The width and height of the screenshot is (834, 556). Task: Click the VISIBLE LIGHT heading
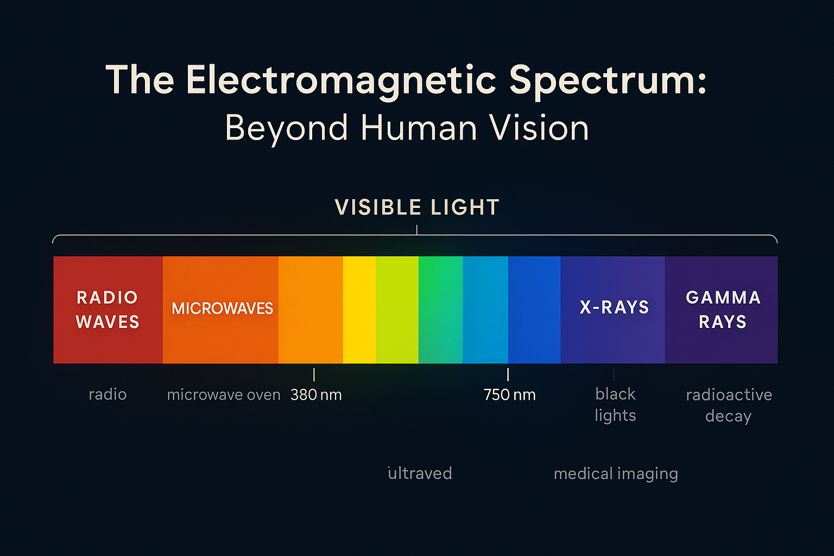[x=417, y=207]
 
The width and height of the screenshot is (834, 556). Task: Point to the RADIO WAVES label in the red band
[x=107, y=309]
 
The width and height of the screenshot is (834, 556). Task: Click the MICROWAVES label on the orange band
[x=222, y=308]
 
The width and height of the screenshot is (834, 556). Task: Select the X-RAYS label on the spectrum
[x=614, y=307]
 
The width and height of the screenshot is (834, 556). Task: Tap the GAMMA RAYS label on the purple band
[x=723, y=309]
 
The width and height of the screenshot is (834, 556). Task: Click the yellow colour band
[x=359, y=309]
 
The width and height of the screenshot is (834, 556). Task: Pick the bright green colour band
[x=441, y=309]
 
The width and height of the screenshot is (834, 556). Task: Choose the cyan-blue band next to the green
[x=485, y=309]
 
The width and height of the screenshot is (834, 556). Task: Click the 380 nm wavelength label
[x=316, y=395]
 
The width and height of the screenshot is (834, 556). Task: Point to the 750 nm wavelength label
[x=510, y=395]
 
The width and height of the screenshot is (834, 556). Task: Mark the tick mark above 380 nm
[x=314, y=375]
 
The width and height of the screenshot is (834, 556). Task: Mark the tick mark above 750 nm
[x=508, y=375]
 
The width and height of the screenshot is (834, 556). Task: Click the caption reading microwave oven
[x=224, y=395]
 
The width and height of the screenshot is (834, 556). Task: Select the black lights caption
[x=615, y=405]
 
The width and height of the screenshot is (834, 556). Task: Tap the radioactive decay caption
[x=729, y=406]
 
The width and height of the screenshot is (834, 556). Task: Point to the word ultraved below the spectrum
[x=420, y=473]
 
